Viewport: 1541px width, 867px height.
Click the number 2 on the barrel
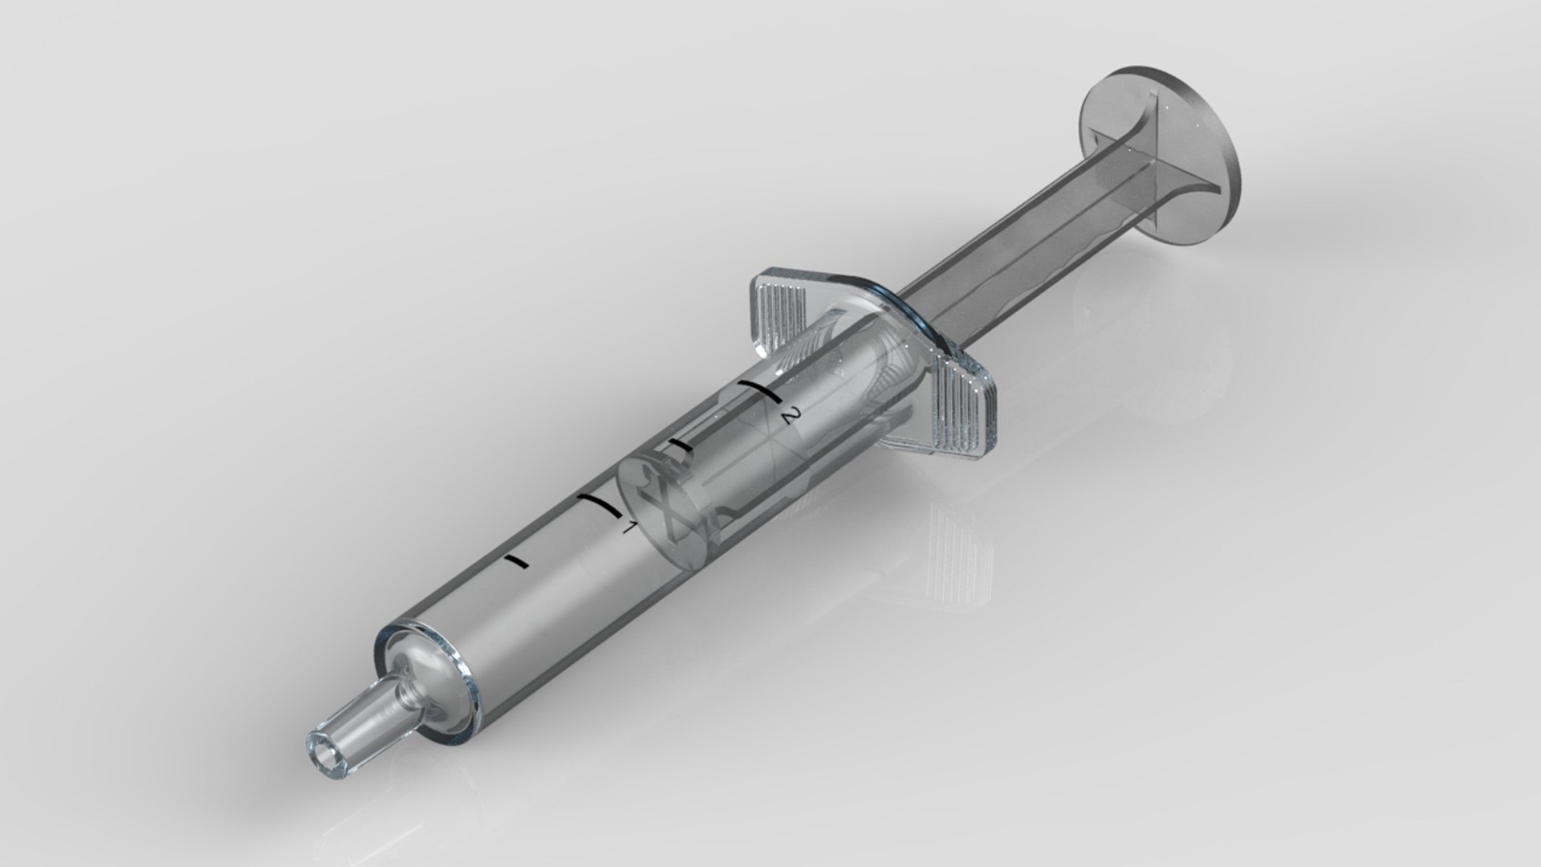791,416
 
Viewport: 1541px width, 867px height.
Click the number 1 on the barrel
630,527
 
